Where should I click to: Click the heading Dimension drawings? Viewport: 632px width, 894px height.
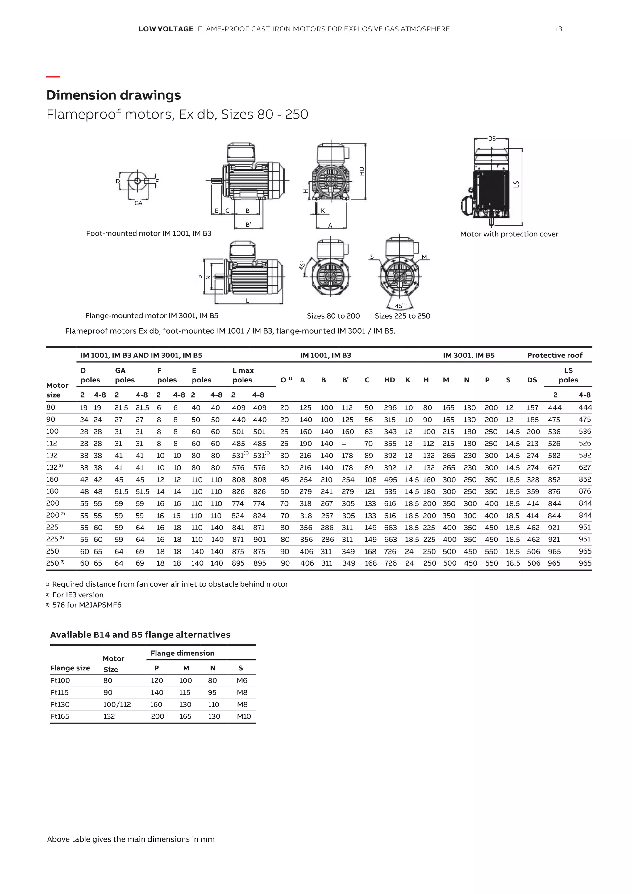[x=113, y=95]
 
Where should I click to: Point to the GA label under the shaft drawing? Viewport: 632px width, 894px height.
[x=138, y=203]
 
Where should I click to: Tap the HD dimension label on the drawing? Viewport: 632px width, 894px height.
[x=362, y=171]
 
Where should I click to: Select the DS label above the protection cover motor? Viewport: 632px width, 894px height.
[x=492, y=139]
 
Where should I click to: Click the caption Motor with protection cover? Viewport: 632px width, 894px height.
[x=509, y=234]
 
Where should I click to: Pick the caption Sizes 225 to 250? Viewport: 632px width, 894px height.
[x=402, y=316]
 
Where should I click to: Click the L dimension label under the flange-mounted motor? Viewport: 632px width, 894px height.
[x=247, y=300]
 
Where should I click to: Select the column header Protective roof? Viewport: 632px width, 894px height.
[x=555, y=355]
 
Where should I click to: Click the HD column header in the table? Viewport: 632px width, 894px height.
[x=389, y=380]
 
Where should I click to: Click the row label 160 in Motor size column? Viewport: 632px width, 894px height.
[x=52, y=479]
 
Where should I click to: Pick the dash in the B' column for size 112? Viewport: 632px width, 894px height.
[x=344, y=444]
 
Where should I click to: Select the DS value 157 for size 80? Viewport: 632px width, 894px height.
[x=532, y=408]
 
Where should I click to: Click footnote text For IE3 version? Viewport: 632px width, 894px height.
[x=78, y=595]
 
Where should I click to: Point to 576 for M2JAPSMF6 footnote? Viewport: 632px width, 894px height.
[x=87, y=605]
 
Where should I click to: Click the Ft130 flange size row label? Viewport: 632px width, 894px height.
[x=60, y=704]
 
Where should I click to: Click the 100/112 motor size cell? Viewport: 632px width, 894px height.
[x=117, y=704]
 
